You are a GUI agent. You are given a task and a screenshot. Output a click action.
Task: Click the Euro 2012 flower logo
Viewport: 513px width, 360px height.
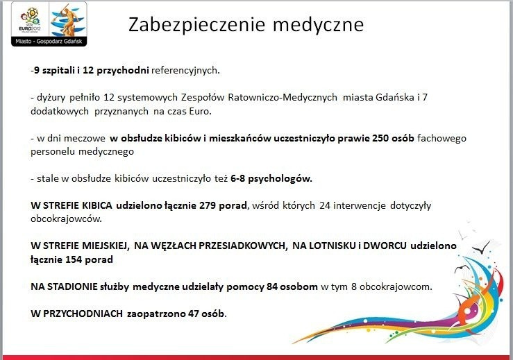coord(30,19)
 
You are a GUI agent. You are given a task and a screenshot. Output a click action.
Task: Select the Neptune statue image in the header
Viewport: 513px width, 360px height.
coord(68,19)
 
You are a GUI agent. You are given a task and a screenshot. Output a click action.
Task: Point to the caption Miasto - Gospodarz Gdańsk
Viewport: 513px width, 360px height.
coord(49,41)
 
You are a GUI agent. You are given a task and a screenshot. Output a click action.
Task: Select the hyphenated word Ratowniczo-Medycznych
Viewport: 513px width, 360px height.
coord(283,97)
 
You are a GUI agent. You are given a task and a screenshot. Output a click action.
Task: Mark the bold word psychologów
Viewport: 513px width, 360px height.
coord(280,178)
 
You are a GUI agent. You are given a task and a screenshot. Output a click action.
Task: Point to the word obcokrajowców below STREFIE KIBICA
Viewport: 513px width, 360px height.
coord(66,218)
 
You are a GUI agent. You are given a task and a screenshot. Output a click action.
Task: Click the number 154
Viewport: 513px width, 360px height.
coord(74,259)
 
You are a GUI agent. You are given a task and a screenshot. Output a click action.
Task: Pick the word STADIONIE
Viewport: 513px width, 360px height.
coord(72,286)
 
